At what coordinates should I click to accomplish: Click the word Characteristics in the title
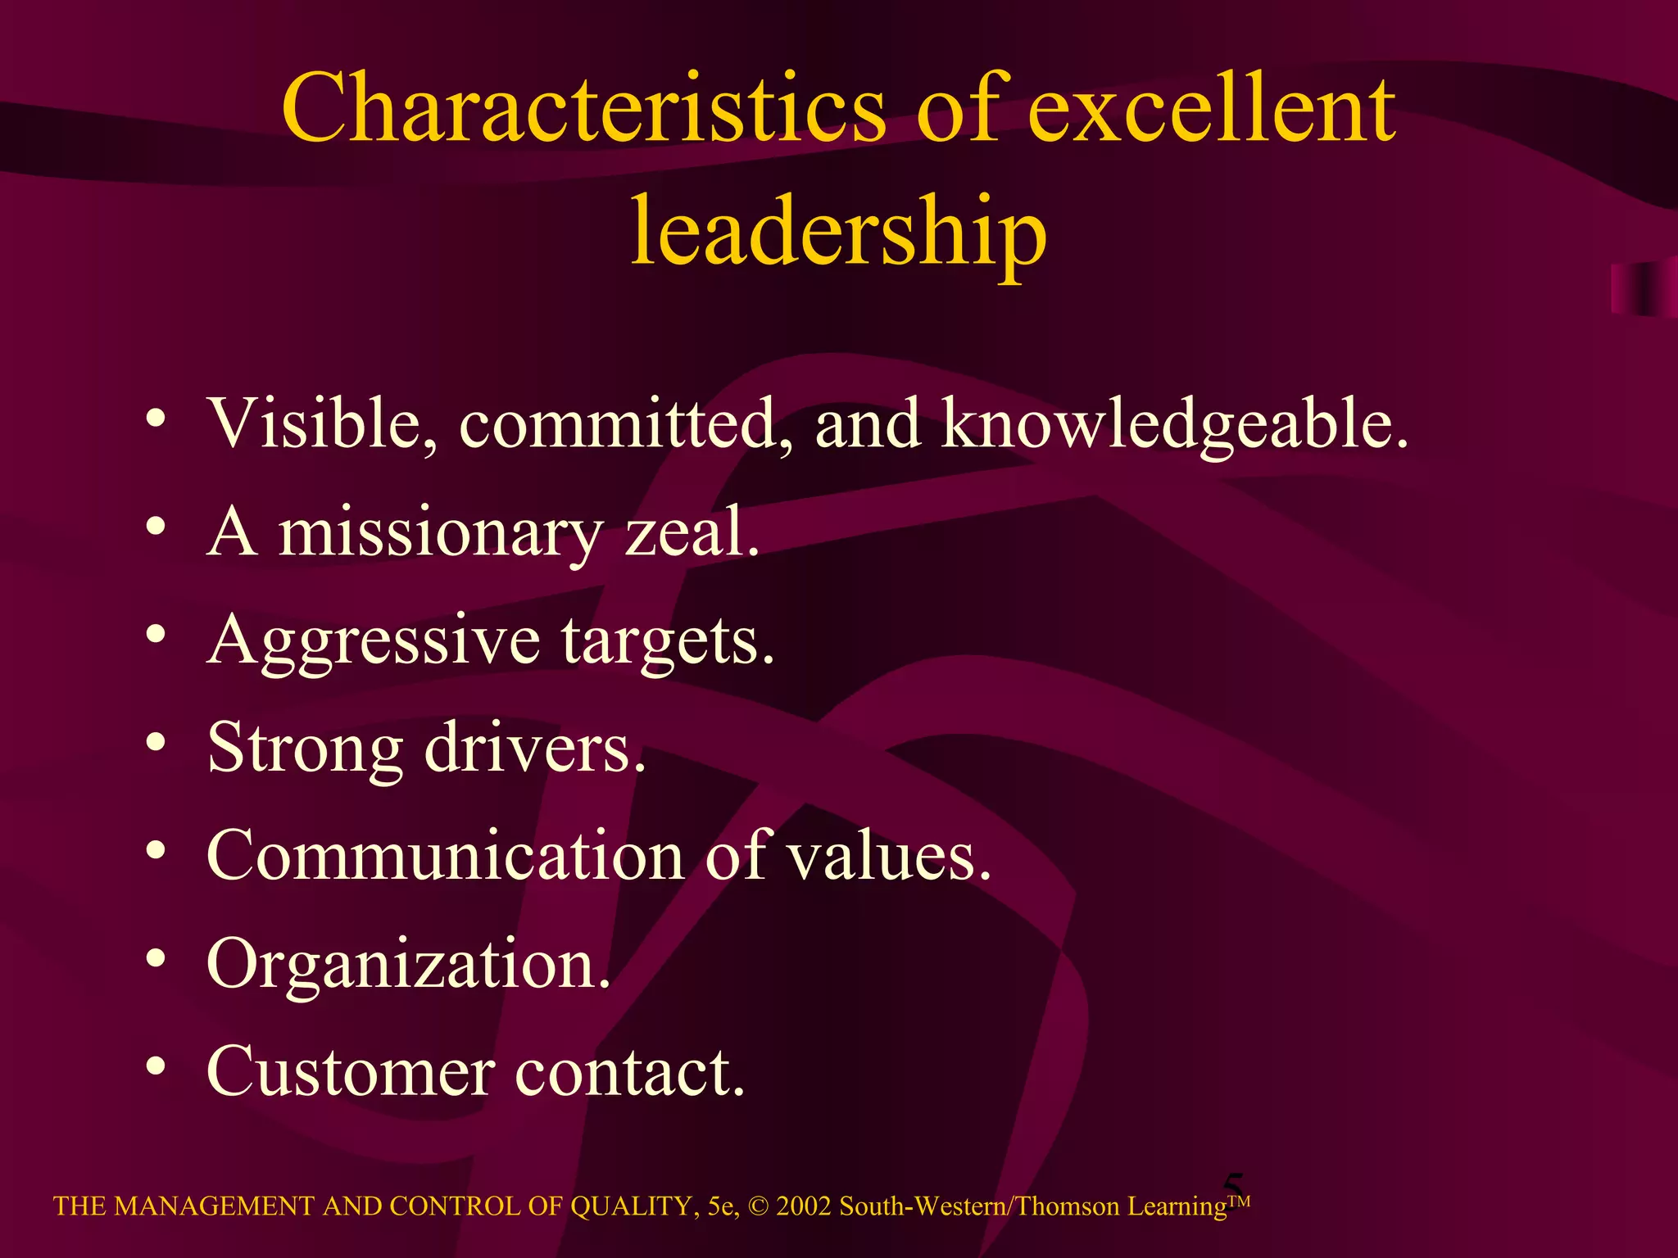(583, 108)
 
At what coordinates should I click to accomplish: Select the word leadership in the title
(838, 231)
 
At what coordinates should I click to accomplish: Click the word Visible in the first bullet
(322, 423)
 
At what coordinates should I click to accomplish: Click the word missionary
(440, 532)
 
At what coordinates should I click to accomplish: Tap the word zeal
(692, 532)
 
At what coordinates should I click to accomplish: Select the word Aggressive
(374, 640)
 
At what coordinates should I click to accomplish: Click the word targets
(668, 640)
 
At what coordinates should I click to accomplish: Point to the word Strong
(305, 749)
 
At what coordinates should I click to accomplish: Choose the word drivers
(535, 749)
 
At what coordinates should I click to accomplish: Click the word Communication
(445, 856)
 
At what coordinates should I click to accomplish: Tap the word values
(889, 856)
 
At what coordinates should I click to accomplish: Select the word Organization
(408, 965)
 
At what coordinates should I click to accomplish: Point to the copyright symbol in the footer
(759, 1206)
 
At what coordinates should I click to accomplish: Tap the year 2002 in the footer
(804, 1206)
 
